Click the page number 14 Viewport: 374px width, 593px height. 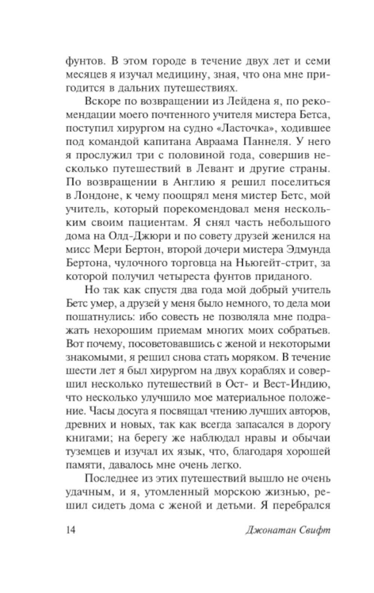point(70,530)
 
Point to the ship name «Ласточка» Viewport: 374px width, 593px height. point(244,128)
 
